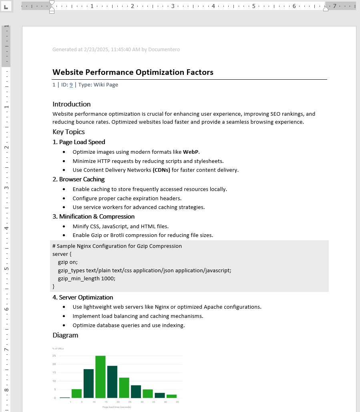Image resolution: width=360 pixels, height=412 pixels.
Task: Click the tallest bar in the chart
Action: point(100,376)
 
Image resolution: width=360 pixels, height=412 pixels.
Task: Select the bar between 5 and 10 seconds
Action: point(88,383)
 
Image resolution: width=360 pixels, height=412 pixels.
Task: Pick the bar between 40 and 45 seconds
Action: point(172,396)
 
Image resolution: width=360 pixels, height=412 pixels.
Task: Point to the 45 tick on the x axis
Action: point(177,402)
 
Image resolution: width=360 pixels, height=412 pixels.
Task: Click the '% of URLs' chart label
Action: point(58,348)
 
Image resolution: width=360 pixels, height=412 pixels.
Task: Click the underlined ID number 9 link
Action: point(71,85)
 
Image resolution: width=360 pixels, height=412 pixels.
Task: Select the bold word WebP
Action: point(191,152)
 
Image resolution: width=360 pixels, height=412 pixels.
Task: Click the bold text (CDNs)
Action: point(161,170)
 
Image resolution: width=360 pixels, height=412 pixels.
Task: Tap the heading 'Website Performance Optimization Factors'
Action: point(133,72)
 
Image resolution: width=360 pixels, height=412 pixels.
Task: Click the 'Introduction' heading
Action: point(72,104)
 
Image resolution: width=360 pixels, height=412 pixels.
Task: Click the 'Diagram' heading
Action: point(65,335)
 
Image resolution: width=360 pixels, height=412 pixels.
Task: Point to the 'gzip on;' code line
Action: point(68,262)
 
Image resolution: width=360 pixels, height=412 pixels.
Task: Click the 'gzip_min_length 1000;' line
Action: point(86,278)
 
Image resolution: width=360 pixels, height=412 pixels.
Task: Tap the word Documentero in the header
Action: point(164,50)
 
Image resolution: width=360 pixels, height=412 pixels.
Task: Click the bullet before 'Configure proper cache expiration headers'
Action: point(64,199)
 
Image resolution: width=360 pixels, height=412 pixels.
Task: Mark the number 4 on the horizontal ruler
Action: point(213,6)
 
